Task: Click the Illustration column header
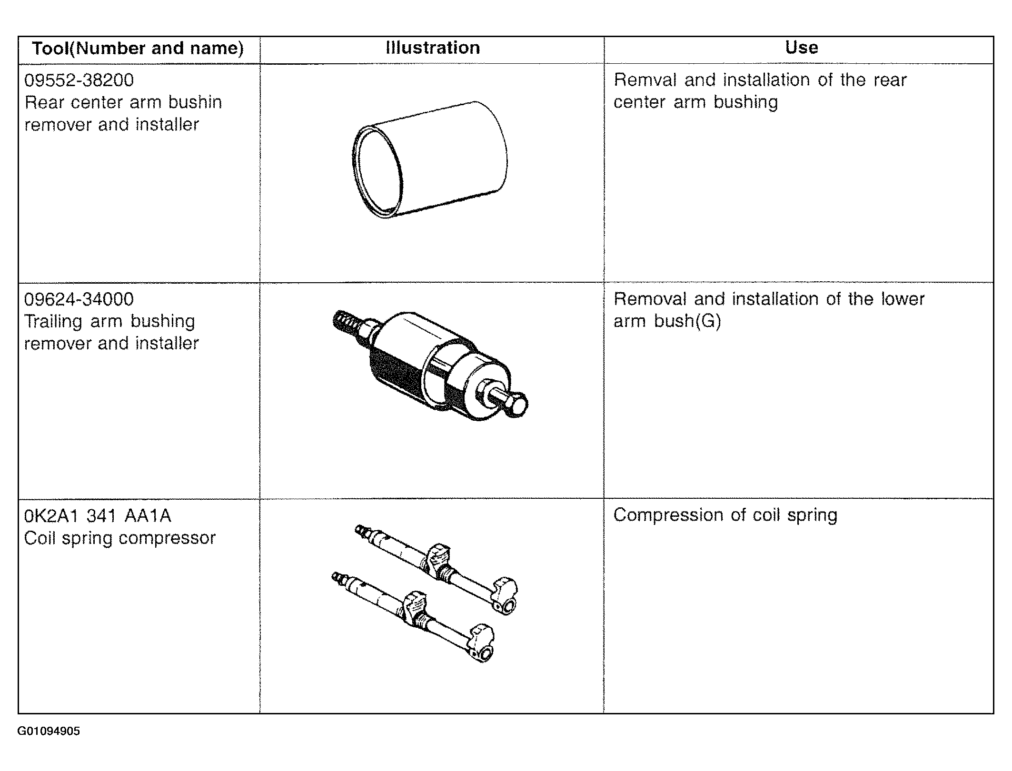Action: click(x=433, y=48)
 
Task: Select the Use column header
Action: click(x=802, y=48)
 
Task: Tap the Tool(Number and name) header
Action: click(x=138, y=49)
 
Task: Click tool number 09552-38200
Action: click(x=79, y=80)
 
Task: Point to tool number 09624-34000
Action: click(x=79, y=299)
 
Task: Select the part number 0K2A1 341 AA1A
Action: click(x=98, y=516)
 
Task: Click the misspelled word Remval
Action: click(x=645, y=80)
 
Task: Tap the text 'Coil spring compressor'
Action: click(x=120, y=538)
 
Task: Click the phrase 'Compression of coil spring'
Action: click(x=725, y=515)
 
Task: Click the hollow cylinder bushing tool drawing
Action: click(x=430, y=159)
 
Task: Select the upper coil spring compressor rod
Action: click(x=437, y=569)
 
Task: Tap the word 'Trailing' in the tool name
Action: click(x=53, y=322)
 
